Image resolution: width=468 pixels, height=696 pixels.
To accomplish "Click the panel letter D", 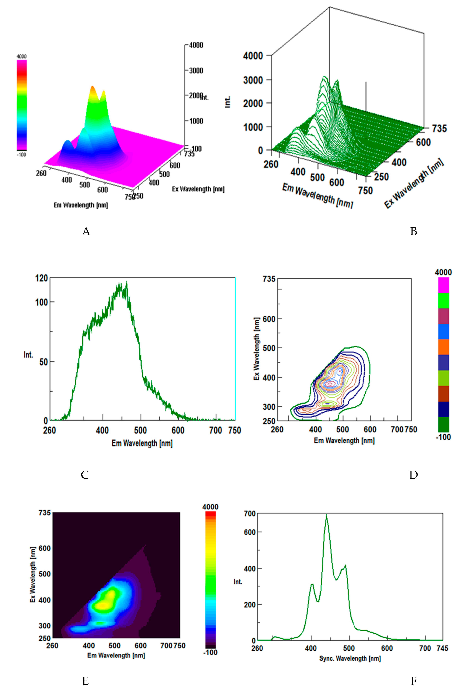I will [x=413, y=475].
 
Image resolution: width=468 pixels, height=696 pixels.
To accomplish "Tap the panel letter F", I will [x=413, y=681].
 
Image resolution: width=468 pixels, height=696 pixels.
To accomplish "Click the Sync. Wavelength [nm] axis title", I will [x=350, y=658].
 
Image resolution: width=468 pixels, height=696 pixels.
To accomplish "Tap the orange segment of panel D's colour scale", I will [x=443, y=347].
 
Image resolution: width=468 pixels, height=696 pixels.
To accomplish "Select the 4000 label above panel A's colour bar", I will [x=21, y=56].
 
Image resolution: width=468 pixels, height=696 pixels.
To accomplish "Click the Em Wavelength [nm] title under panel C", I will [x=142, y=443].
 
